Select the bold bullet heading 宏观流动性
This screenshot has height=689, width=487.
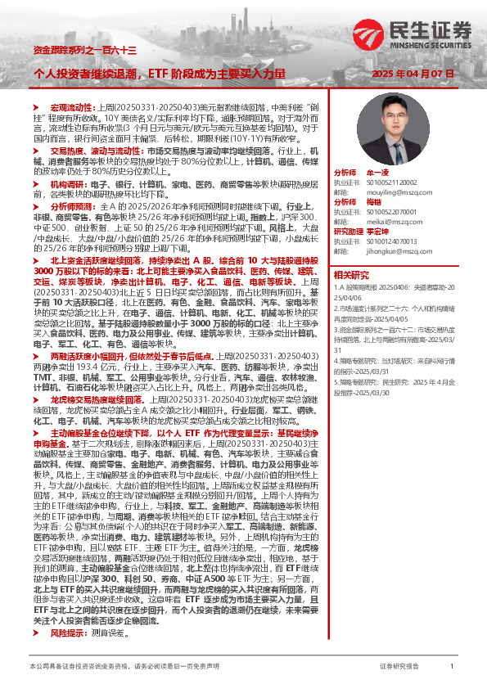[x=68, y=108]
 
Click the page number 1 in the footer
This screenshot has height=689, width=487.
[x=451, y=667]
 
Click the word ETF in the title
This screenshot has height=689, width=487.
[x=158, y=74]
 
